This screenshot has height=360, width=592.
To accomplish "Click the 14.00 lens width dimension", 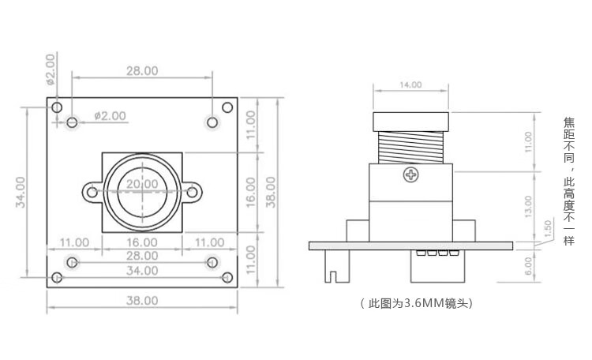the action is (410, 84).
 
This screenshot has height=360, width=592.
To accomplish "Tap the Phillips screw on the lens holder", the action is (410, 175).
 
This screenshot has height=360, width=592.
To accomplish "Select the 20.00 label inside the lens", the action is (142, 184).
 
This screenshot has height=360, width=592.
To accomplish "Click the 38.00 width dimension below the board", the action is (142, 301).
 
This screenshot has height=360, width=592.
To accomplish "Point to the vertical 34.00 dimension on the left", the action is (21, 193).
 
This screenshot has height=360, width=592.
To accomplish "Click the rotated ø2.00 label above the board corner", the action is (51, 69).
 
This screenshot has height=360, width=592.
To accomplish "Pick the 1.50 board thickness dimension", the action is (548, 229).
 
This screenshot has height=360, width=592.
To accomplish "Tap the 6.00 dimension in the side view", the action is (529, 266).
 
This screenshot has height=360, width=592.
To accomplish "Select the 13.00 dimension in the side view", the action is (528, 207).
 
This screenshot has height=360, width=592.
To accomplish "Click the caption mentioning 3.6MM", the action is (417, 303).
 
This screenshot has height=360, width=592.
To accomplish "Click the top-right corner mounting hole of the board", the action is (227, 107).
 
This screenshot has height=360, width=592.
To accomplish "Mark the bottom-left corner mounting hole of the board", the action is (57, 278).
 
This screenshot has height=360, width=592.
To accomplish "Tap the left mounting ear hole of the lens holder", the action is (92, 193).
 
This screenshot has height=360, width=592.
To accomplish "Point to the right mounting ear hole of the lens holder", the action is (192, 193).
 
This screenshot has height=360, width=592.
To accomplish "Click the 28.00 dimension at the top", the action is (142, 70).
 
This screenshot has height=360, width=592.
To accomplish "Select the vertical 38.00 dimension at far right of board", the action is (271, 193).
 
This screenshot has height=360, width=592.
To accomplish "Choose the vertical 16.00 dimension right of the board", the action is (251, 193).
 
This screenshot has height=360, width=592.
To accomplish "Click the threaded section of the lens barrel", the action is (410, 147).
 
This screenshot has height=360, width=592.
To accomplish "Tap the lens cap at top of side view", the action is (410, 122).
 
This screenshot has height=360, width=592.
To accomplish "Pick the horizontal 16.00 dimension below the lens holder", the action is (142, 242).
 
